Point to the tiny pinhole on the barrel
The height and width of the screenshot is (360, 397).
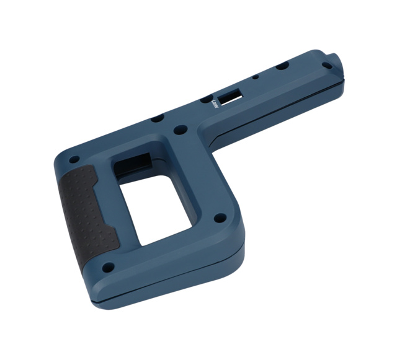click(255, 77)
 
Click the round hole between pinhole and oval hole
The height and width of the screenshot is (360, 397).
click(281, 66)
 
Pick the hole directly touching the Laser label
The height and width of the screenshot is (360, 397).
click(205, 99)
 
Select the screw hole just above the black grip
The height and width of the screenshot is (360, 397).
click(74, 159)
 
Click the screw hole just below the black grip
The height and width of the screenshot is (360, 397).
click(109, 268)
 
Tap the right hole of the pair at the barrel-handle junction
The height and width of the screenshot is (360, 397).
click(181, 130)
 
